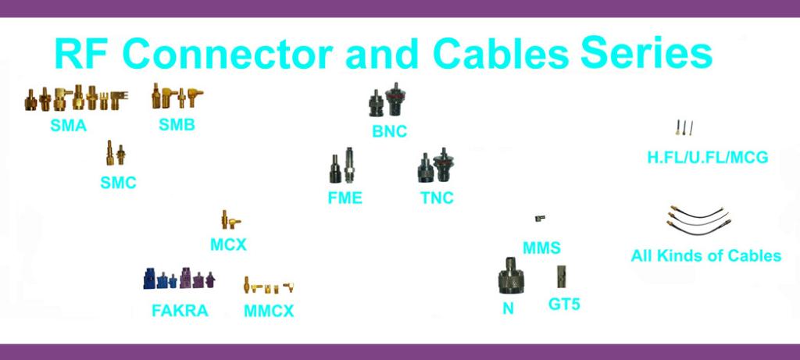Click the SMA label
point(68,125)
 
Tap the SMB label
point(177,124)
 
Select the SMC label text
point(118,184)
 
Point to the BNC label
point(389,131)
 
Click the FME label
point(345,198)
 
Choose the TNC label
point(437,198)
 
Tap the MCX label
point(228,244)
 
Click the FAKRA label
point(180,311)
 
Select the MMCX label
point(269,311)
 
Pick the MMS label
point(542,248)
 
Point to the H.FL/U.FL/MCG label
point(707,158)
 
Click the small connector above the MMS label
point(539,219)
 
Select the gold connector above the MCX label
point(225,218)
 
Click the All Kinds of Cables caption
point(705,255)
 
